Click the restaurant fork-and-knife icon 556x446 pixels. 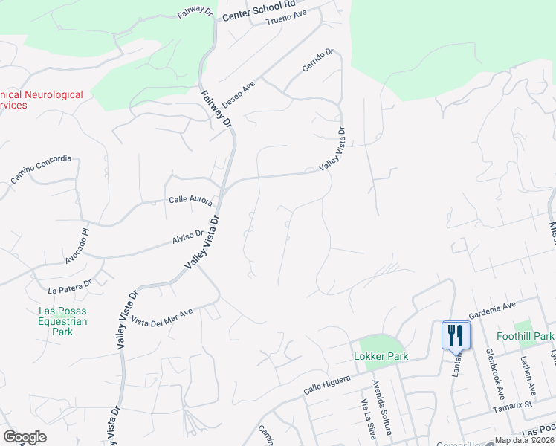(x=456, y=334)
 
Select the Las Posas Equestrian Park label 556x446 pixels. (x=63, y=321)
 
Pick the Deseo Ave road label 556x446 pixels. (x=238, y=96)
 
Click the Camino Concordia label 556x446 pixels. (x=41, y=169)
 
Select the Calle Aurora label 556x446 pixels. (x=190, y=201)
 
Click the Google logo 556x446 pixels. (x=25, y=437)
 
